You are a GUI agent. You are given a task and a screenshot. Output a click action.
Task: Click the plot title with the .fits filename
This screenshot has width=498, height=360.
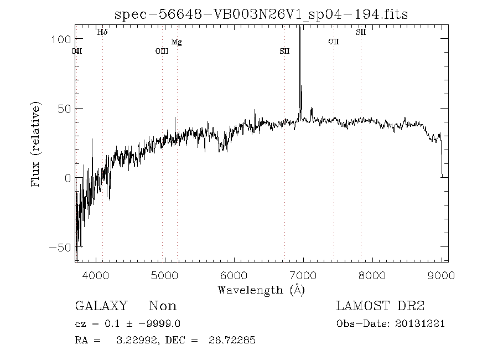[x=261, y=14]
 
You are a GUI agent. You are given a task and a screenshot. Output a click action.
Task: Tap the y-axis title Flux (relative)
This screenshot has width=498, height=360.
[x=36, y=143]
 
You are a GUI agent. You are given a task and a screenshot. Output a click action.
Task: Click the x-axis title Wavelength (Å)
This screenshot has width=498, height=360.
[x=261, y=289]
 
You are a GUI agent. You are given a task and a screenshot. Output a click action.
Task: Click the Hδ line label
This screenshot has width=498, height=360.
[x=102, y=32]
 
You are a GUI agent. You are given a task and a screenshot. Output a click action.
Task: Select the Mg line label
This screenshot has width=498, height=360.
[x=177, y=42]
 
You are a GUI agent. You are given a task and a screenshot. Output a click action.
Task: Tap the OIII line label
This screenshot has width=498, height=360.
[x=162, y=52]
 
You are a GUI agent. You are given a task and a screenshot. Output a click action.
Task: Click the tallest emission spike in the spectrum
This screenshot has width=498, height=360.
[x=299, y=33]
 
